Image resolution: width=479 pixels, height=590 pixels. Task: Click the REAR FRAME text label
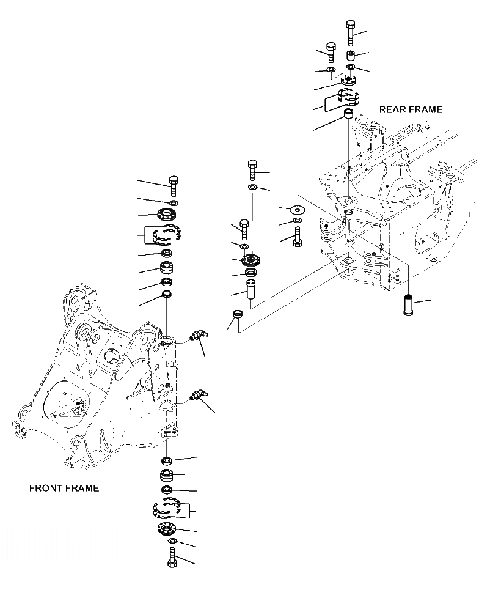pyautogui.click(x=411, y=110)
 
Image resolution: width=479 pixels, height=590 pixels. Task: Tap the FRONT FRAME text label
pyautogui.click(x=64, y=489)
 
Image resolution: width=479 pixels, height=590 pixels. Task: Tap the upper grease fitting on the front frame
pyautogui.click(x=197, y=334)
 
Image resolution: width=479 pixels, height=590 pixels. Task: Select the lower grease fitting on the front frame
pyautogui.click(x=197, y=396)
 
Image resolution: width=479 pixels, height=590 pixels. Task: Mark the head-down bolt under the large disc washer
pyautogui.click(x=298, y=235)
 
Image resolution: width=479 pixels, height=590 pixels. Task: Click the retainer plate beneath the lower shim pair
pyautogui.click(x=169, y=529)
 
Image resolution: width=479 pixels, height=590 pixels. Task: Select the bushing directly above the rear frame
pyautogui.click(x=349, y=115)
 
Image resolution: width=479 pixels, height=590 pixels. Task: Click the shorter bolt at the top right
pyautogui.click(x=331, y=53)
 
